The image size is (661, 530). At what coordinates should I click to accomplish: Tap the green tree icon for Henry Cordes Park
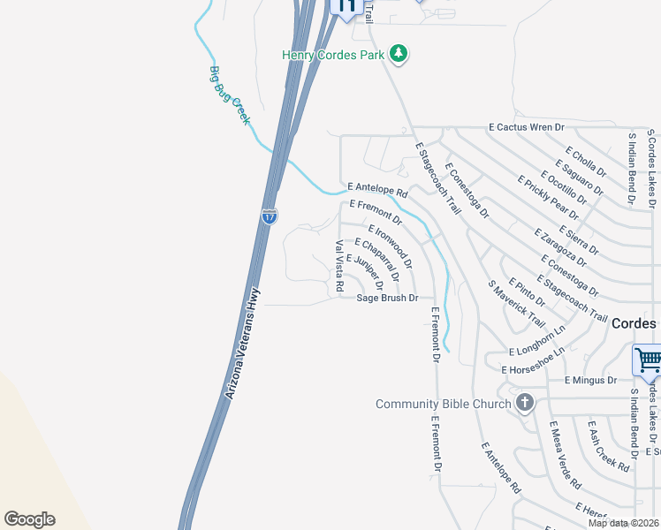tap(399, 54)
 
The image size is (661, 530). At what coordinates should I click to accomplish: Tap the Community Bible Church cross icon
tap(525, 404)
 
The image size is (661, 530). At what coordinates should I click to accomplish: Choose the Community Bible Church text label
tap(443, 405)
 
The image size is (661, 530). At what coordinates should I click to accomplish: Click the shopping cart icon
tap(648, 360)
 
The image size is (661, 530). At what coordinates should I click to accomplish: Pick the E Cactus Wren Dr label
tap(527, 128)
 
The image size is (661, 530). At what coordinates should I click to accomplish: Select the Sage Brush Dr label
tap(387, 299)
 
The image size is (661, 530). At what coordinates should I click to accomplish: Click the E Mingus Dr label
tap(591, 381)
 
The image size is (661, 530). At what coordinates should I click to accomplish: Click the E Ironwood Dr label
tap(390, 246)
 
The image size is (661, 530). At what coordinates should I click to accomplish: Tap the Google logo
tap(29, 519)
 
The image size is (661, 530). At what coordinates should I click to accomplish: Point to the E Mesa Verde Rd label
tap(565, 455)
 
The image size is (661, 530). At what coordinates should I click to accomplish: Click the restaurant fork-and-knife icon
tap(346, 7)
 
